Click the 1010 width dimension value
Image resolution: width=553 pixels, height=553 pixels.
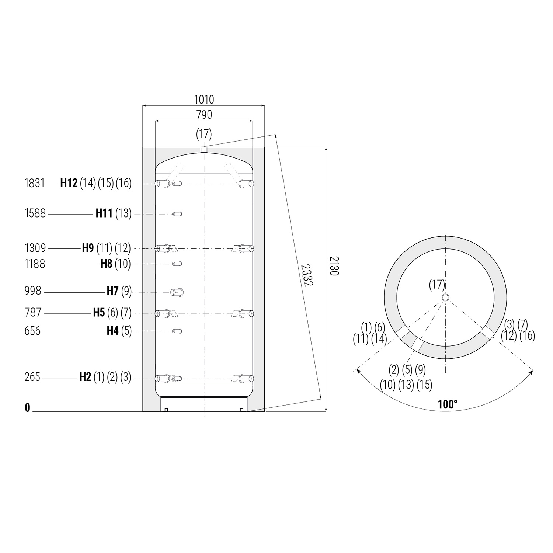click(x=204, y=100)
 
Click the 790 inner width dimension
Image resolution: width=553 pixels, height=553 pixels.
click(x=204, y=115)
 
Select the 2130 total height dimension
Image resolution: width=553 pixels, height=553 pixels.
click(x=334, y=266)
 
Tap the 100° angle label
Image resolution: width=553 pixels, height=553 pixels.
click(x=448, y=404)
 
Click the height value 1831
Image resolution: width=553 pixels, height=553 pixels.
click(x=35, y=183)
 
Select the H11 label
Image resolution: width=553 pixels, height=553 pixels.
click(x=104, y=213)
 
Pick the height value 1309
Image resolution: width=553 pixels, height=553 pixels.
click(x=35, y=248)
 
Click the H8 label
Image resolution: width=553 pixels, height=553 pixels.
click(x=107, y=264)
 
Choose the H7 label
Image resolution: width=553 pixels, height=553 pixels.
click(x=112, y=291)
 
